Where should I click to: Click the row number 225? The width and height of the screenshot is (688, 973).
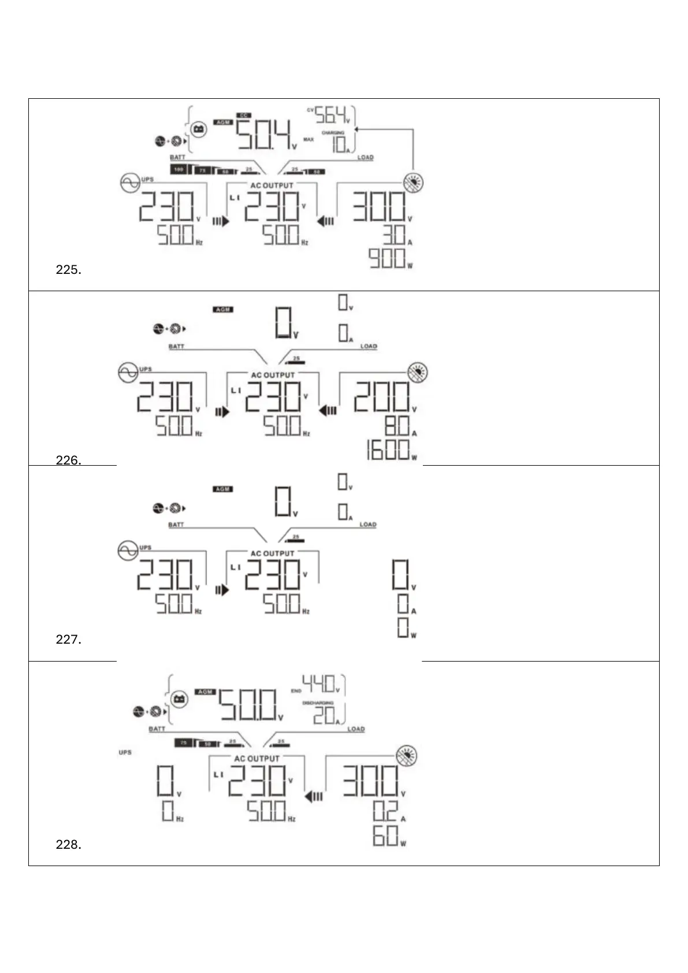point(68,270)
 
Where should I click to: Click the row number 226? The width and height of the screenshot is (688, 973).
point(68,460)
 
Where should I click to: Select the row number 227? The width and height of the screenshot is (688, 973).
point(68,640)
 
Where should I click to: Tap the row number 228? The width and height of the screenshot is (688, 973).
point(68,845)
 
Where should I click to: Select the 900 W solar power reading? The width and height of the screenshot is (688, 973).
point(388,258)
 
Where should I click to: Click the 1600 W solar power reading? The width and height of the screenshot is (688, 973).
point(388,450)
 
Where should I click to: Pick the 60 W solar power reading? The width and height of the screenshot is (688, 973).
point(385,835)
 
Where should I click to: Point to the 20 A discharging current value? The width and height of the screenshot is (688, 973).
point(324,716)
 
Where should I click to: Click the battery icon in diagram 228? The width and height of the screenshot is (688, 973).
point(180,700)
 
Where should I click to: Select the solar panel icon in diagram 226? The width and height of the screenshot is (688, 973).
point(417,372)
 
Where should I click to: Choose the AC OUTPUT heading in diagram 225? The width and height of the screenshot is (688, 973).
point(272,185)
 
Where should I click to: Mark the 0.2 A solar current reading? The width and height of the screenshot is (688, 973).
point(385,812)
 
